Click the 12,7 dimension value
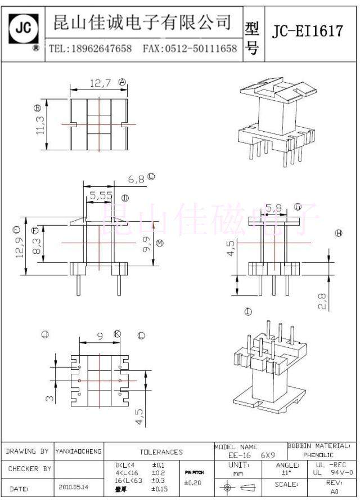click(100, 83)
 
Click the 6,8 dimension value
click(136, 179)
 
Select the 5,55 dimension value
click(101, 196)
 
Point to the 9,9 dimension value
click(147, 243)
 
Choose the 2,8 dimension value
click(322, 301)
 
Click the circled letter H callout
click(338, 233)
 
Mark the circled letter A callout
click(123, 82)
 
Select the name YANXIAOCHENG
click(78, 451)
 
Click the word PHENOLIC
click(318, 454)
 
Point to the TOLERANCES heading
click(161, 451)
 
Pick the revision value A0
click(334, 491)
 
